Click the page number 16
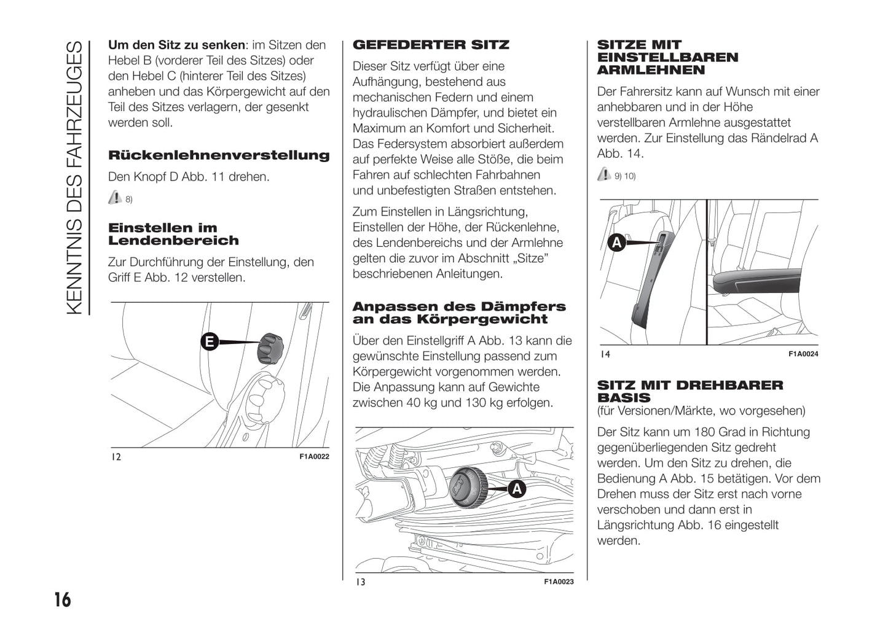(63, 599)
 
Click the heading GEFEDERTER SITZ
(431, 45)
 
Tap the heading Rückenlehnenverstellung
(219, 155)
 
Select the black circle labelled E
(210, 342)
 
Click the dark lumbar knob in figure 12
(269, 348)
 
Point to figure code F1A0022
(314, 457)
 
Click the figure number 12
(116, 457)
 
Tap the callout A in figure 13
(517, 489)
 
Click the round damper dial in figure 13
(468, 488)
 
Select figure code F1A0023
(559, 581)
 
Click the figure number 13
(361, 581)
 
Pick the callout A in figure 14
(616, 243)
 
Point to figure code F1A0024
(803, 354)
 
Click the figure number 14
(605, 354)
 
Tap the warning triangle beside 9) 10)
(603, 175)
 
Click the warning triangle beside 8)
(114, 198)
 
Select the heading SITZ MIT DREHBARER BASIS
(690, 391)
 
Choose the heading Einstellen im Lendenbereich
(173, 234)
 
